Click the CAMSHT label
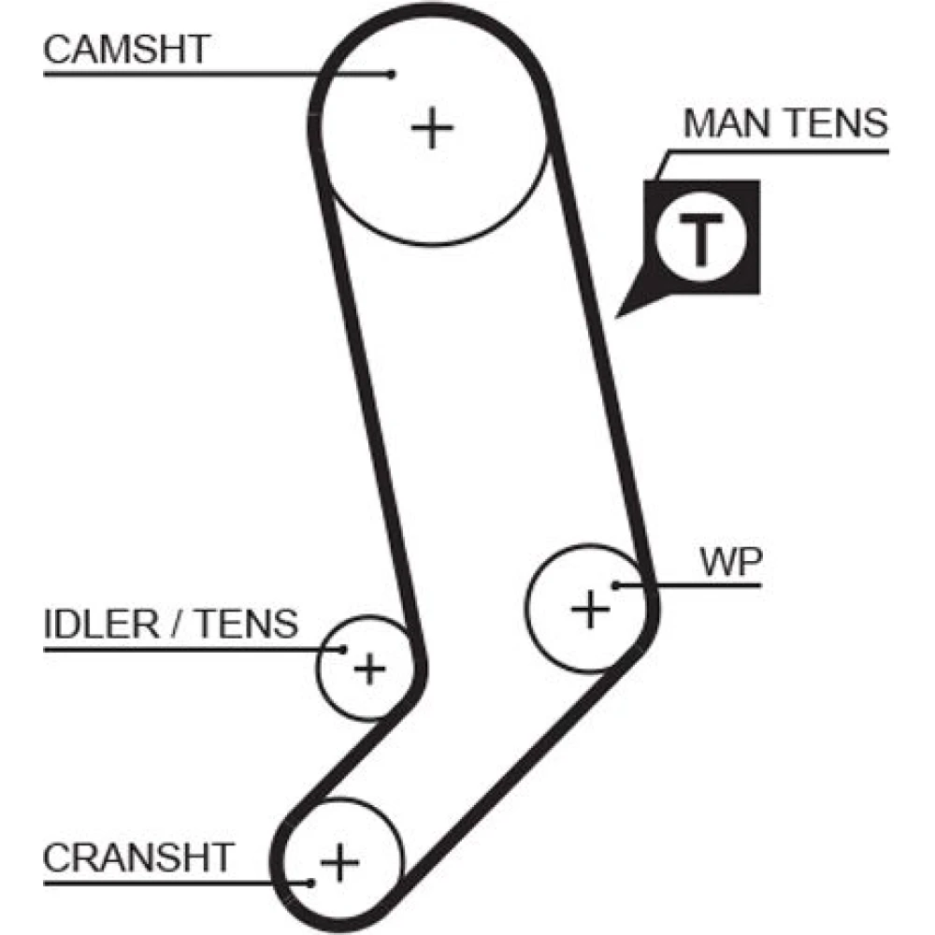click(127, 49)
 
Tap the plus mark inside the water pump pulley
click(590, 610)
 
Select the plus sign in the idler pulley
click(370, 669)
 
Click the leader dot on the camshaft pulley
click(393, 73)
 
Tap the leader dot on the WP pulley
click(616, 586)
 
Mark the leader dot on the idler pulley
click(344, 648)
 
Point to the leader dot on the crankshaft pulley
click(309, 881)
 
